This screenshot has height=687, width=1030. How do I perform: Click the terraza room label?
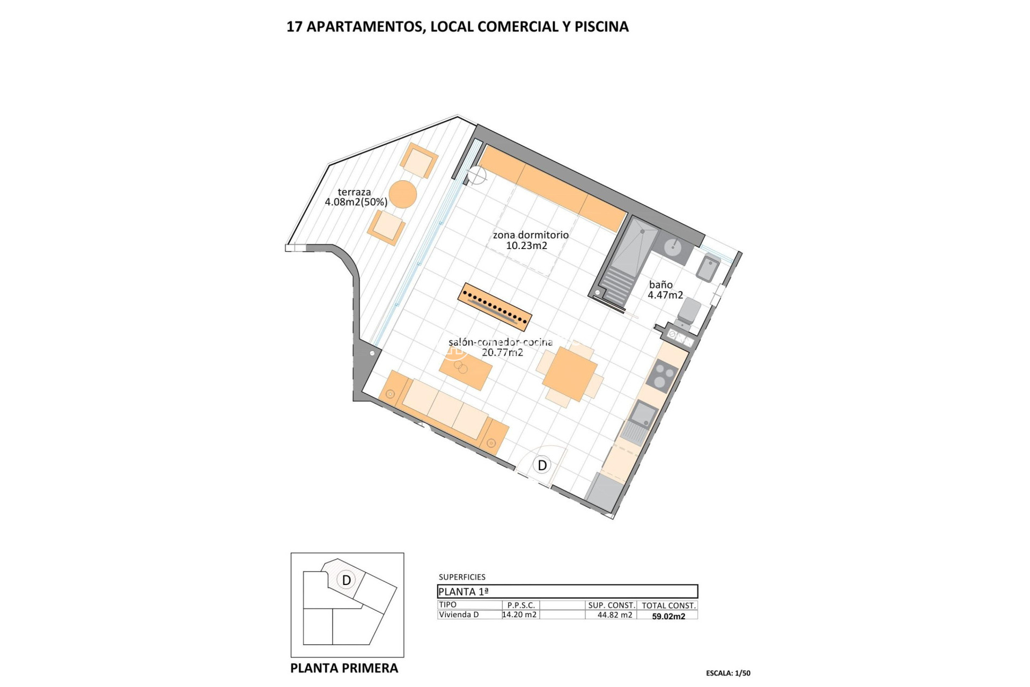[354, 192]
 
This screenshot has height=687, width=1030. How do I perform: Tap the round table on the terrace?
[403, 194]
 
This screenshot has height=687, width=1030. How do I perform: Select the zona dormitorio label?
[531, 235]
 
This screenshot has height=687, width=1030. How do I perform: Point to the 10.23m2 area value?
[526, 246]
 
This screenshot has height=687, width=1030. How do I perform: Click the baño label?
[660, 285]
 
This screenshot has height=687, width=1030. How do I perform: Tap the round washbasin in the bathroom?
[673, 247]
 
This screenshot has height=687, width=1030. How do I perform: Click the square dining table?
[570, 374]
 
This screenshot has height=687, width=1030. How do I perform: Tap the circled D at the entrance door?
[542, 465]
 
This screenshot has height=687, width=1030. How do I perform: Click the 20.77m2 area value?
[502, 353]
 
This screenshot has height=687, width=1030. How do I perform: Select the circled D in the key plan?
[347, 580]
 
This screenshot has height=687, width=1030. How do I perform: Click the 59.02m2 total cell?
[668, 617]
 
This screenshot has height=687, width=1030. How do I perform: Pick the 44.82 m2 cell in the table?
[615, 615]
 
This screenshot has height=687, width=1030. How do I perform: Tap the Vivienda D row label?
[459, 615]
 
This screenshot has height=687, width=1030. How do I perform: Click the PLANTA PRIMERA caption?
[344, 668]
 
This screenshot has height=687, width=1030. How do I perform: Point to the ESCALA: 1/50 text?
[728, 673]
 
